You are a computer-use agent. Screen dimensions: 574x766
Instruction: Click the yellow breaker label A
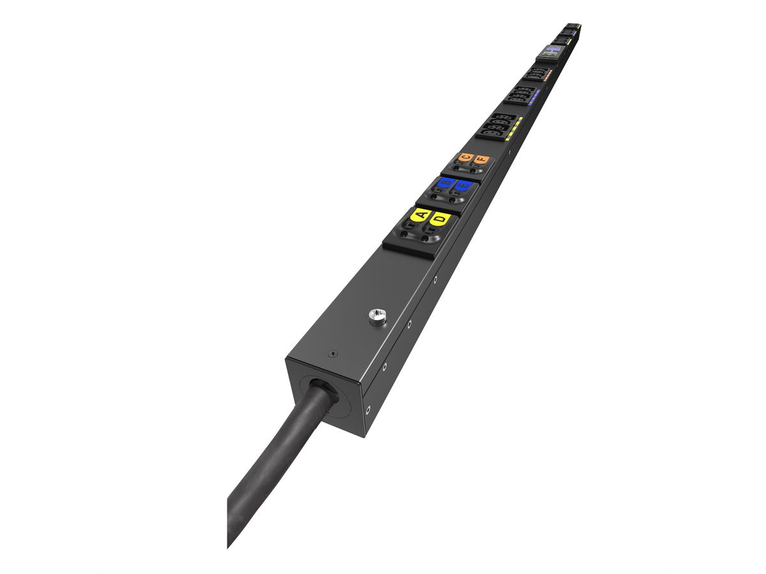pyautogui.click(x=420, y=215)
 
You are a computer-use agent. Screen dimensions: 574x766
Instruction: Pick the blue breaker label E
pyautogui.click(x=463, y=186)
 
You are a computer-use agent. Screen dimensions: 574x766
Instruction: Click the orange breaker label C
pyautogui.click(x=466, y=157)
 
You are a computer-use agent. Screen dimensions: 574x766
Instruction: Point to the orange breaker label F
pyautogui.click(x=481, y=159)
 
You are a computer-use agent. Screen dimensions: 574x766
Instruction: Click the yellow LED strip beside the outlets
pyautogui.click(x=514, y=129)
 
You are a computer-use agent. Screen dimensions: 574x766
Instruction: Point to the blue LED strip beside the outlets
pyautogui.click(x=535, y=97)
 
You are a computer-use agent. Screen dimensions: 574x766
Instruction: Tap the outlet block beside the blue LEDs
pyautogui.click(x=520, y=95)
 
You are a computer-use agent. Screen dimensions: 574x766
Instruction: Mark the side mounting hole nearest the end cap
pyautogui.click(x=368, y=410)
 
